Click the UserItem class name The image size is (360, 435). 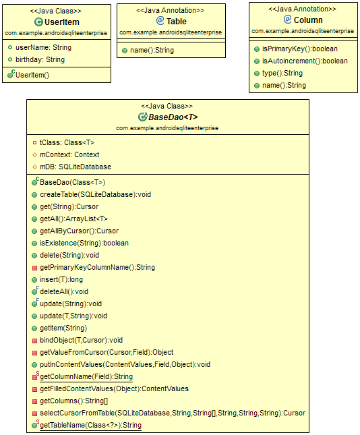coord(62,22)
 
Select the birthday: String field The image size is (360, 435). coord(40,59)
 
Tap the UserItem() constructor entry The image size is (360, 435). coord(32,75)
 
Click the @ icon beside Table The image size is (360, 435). coord(160,20)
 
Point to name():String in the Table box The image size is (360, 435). coord(152,50)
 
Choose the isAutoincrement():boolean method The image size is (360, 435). coord(305,61)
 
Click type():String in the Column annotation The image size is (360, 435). coord(282,73)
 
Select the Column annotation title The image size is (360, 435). coord(308,20)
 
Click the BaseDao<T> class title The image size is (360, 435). coord(173,117)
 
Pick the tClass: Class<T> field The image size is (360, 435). coord(67,142)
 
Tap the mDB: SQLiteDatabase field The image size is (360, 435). coord(76,167)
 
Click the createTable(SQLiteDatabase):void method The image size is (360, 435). coord(96,194)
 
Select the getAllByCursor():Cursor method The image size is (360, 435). coord(79,231)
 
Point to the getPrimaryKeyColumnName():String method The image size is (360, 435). coord(97,267)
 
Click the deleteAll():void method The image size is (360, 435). coord(64,291)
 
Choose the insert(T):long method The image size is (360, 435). coord(61,279)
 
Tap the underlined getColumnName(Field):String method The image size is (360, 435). coord(86,376)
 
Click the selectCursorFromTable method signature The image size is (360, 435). coord(173,413)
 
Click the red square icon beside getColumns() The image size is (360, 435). coord(34,401)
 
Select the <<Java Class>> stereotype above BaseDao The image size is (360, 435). coord(167,106)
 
